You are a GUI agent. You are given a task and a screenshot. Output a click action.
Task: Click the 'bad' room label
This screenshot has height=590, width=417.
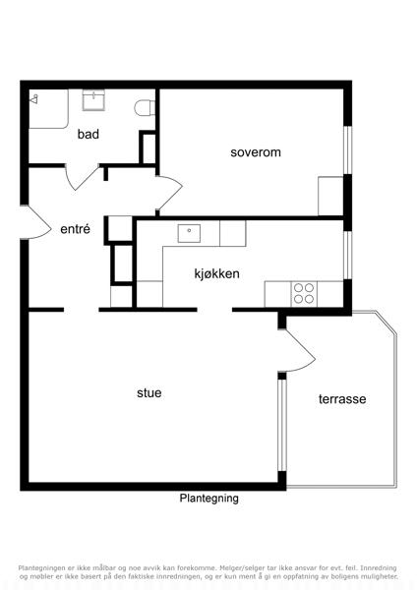click(89, 134)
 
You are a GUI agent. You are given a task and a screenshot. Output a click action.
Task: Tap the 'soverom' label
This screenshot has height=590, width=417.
click(256, 152)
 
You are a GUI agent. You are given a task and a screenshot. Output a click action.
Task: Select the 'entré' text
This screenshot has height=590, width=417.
click(76, 229)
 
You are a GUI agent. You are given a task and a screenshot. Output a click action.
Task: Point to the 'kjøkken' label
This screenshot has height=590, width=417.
click(216, 273)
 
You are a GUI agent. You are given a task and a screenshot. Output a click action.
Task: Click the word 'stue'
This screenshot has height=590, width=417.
click(149, 392)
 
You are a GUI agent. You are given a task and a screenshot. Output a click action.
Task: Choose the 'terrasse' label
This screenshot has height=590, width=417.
click(342, 399)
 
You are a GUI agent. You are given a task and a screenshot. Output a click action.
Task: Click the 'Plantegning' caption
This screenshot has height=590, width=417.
click(208, 499)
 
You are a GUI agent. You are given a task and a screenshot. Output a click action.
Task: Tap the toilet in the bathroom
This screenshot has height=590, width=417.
click(145, 107)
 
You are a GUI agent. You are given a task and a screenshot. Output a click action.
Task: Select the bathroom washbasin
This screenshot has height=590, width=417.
click(93, 100)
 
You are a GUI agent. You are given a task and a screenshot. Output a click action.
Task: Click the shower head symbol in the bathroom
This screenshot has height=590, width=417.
click(34, 99)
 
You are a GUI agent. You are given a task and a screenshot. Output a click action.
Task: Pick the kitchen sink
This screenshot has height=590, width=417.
click(189, 233)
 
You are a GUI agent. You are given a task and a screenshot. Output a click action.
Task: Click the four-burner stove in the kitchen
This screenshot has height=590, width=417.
click(304, 293)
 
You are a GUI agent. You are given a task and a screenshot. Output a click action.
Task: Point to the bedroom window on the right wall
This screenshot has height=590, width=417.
click(348, 150)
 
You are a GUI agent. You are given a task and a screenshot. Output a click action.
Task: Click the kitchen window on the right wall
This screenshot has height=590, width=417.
click(348, 255)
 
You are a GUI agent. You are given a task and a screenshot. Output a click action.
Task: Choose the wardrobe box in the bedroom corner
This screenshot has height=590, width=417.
click(330, 196)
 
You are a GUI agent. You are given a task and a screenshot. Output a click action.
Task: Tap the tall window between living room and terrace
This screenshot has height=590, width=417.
click(282, 425)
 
